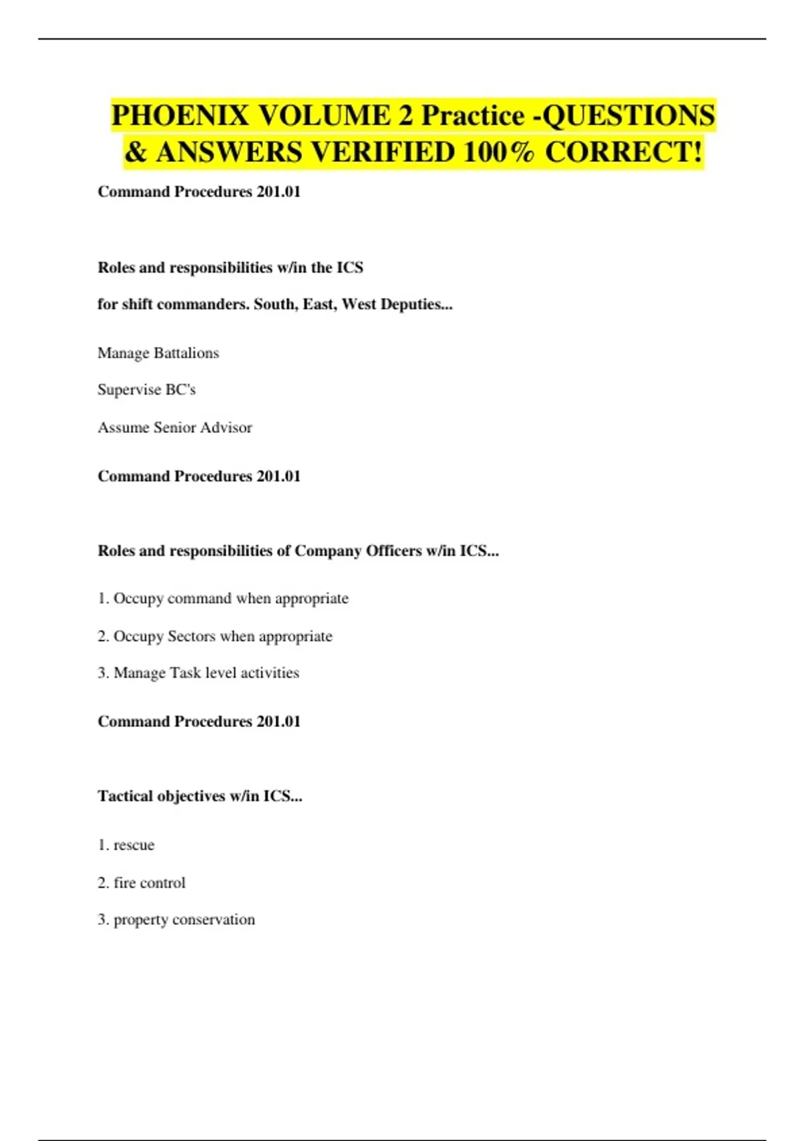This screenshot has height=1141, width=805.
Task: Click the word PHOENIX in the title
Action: (x=180, y=115)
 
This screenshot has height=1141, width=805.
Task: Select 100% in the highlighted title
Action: (x=498, y=152)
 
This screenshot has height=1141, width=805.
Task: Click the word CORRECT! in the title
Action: (x=624, y=152)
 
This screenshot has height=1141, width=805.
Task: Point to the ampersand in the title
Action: (x=136, y=152)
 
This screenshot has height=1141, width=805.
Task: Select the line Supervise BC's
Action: (x=146, y=390)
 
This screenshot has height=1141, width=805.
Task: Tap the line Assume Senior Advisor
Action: (x=174, y=428)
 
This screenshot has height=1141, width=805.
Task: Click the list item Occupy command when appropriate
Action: (x=223, y=598)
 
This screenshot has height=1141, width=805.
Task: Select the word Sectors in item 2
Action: (x=192, y=636)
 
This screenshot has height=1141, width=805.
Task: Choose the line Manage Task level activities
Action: (x=199, y=673)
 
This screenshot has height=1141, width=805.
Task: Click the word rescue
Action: (x=134, y=845)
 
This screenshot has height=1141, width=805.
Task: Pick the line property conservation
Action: (x=176, y=920)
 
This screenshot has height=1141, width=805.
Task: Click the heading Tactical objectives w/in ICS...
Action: (x=200, y=796)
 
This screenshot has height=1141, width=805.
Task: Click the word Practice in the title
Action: (x=473, y=115)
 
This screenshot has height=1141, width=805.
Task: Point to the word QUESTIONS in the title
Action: (x=629, y=115)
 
